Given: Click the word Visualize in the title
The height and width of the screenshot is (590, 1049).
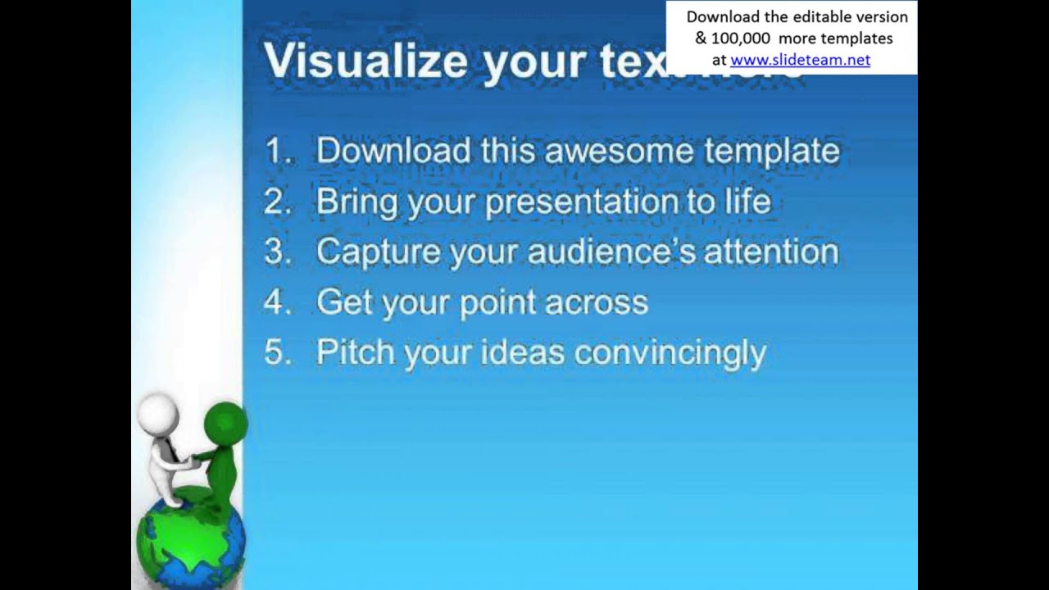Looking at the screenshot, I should (365, 61).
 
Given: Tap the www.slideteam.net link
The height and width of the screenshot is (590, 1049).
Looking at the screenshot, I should (800, 60).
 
